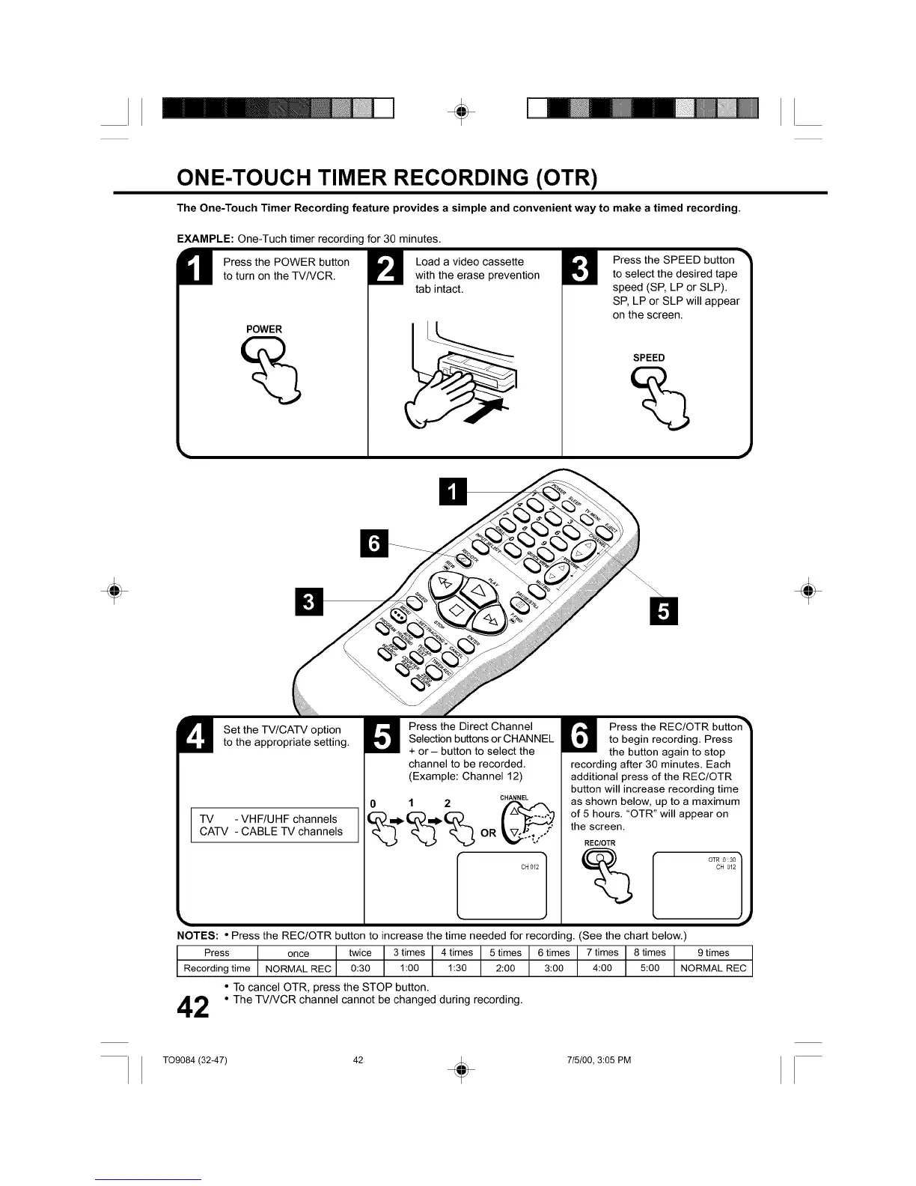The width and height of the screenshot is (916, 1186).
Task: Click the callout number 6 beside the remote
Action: [374, 543]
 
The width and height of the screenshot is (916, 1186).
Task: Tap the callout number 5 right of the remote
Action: [662, 611]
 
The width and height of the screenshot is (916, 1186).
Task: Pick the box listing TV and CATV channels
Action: [275, 825]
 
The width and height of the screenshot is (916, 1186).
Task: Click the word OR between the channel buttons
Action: [488, 833]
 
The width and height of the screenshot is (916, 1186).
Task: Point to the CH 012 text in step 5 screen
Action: [529, 867]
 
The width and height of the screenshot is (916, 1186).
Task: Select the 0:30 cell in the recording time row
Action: [360, 968]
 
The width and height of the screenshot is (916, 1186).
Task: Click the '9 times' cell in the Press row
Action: [712, 953]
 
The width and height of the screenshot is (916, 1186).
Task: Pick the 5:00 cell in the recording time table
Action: [650, 968]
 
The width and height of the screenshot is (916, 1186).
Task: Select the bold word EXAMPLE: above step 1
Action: [206, 239]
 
